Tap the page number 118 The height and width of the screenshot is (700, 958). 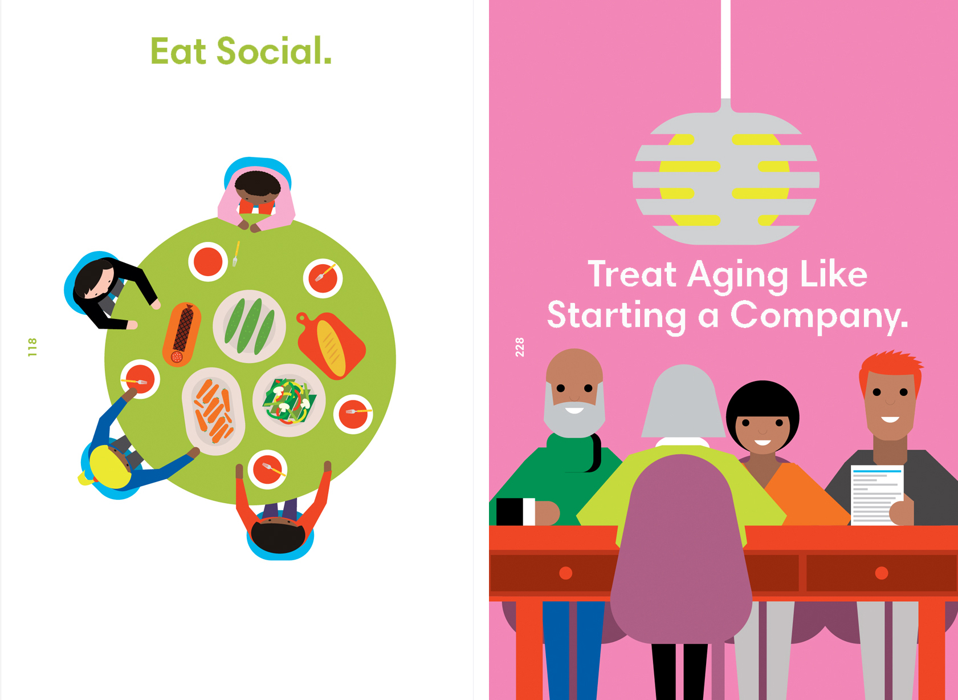(32, 347)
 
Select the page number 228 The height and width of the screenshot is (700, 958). (519, 347)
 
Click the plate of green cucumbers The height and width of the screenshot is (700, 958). (250, 326)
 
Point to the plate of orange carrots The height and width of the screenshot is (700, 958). (213, 411)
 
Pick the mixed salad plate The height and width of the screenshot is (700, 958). (289, 400)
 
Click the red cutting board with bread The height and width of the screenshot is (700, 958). (332, 345)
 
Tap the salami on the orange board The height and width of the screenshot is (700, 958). (182, 334)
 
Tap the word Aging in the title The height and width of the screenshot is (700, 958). (739, 276)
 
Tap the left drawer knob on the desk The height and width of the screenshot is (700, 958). (565, 573)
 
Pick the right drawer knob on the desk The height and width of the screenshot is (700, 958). (881, 573)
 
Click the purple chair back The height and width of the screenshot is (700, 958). (681, 548)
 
